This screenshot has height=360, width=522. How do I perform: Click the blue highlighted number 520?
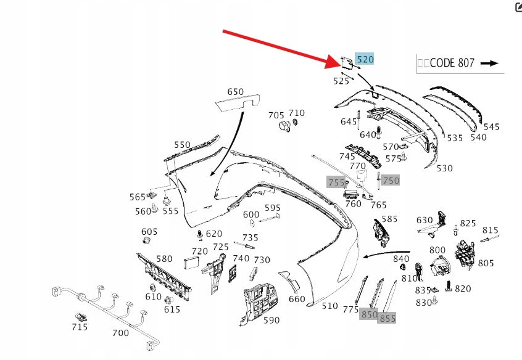(365, 59)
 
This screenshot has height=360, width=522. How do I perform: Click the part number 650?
(235, 92)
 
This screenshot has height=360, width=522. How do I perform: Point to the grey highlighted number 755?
(336, 182)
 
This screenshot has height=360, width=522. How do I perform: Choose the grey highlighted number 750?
(391, 180)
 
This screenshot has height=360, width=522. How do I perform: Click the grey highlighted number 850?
(369, 314)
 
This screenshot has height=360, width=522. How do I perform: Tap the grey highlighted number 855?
(387, 318)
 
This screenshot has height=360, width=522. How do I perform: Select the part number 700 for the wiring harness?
(120, 333)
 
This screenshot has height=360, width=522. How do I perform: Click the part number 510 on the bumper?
(330, 305)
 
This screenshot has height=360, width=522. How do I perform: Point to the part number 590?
(271, 320)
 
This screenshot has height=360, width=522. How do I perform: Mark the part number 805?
(486, 263)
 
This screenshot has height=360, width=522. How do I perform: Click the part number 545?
(491, 127)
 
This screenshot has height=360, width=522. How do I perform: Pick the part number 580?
(164, 259)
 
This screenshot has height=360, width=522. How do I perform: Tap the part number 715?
(80, 327)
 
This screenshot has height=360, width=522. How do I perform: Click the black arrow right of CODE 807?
(489, 63)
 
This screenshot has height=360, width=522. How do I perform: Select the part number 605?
(149, 232)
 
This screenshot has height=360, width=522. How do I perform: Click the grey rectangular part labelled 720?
(193, 263)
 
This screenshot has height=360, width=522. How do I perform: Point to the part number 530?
(444, 168)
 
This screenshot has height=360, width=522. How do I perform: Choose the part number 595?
(273, 208)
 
